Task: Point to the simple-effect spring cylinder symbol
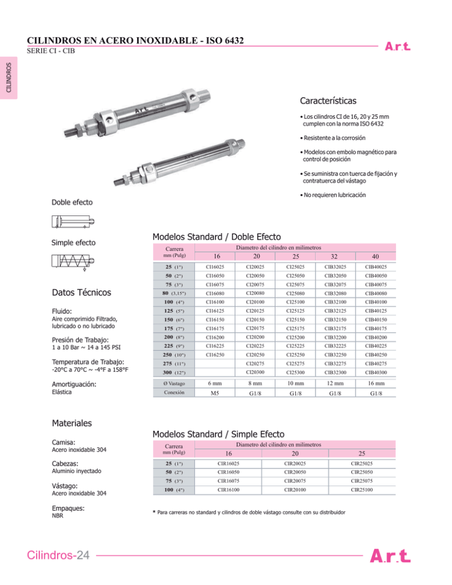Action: (73, 263)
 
